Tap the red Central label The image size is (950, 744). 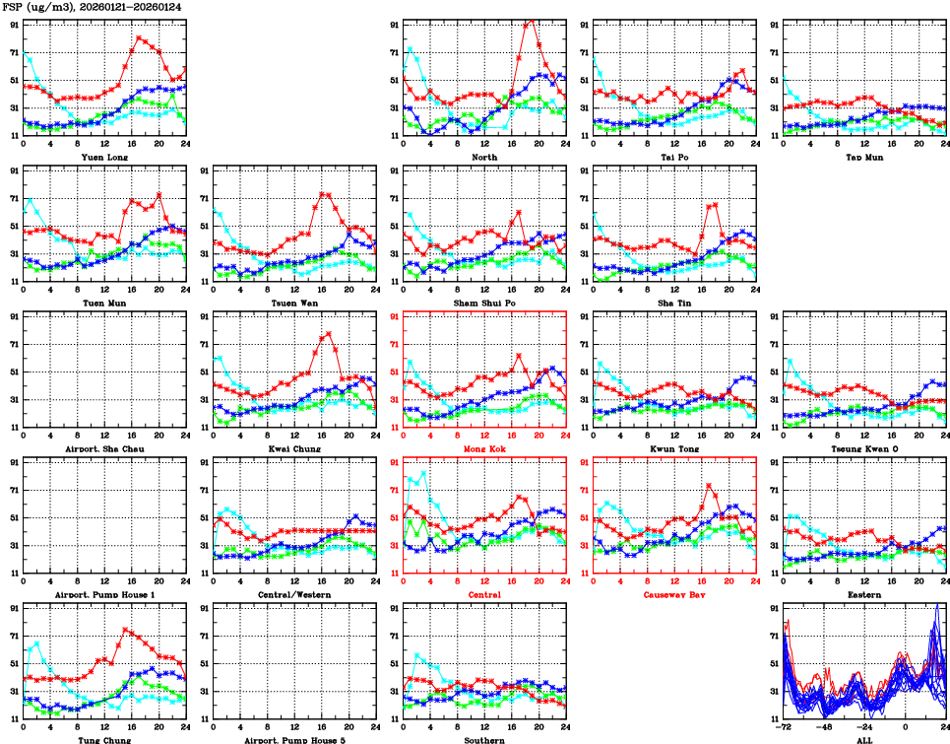pos(484,594)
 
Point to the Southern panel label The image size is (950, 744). pos(484,739)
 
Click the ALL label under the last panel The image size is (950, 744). pos(864,739)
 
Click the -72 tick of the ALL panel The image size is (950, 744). pos(784,727)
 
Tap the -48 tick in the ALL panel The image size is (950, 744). pos(824,727)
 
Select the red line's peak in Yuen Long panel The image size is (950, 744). pos(139,37)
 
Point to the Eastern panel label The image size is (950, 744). pos(864,594)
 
